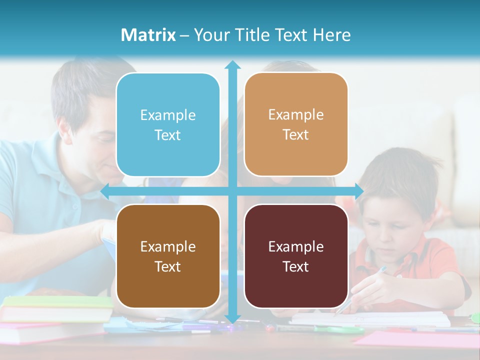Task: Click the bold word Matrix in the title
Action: [x=148, y=35]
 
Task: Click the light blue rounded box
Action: [x=168, y=125]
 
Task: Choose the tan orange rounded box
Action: [x=296, y=125]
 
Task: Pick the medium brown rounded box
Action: [x=168, y=256]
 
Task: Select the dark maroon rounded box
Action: [x=296, y=256]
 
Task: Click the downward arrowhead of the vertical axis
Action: [x=232, y=319]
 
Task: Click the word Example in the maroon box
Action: [x=296, y=246]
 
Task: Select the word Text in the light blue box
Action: [x=168, y=135]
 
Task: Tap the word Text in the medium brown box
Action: [x=168, y=266]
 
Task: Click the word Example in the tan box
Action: [x=296, y=115]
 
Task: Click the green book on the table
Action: [x=57, y=301]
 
